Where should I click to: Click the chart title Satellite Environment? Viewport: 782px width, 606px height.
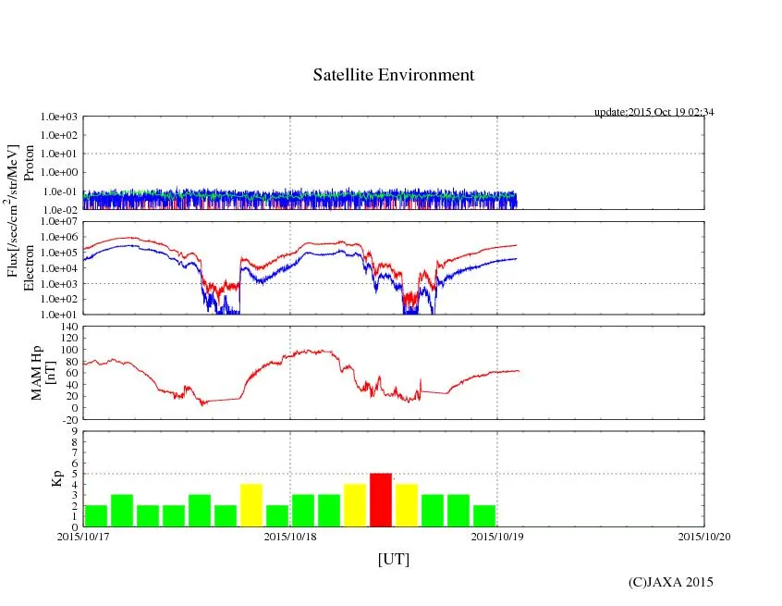click(393, 75)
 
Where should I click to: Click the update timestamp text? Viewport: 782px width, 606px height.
click(654, 112)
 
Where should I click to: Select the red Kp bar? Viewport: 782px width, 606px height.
click(381, 500)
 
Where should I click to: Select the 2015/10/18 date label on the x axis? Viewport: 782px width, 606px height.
click(290, 536)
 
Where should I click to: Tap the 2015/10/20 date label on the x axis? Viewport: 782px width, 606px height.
click(704, 536)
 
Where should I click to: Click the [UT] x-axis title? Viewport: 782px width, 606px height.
click(393, 560)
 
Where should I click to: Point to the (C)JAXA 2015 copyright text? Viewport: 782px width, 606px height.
click(670, 582)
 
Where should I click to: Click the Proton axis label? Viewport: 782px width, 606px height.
click(29, 164)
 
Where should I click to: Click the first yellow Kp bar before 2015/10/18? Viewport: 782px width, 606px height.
click(251, 505)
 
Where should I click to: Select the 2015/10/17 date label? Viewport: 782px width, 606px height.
click(83, 536)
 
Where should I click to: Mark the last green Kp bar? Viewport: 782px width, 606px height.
click(484, 515)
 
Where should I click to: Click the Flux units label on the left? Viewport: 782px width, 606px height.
click(13, 211)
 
